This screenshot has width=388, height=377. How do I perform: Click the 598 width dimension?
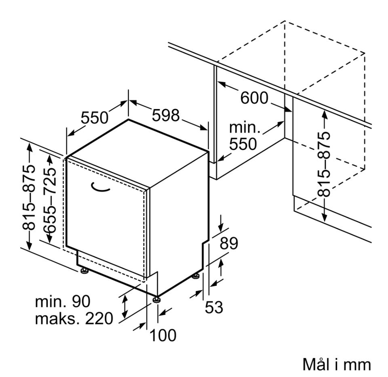(x=166, y=115)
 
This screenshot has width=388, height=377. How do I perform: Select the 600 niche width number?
(x=254, y=98)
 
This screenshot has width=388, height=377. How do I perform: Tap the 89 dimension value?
(x=229, y=243)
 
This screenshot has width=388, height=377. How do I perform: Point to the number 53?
(x=214, y=307)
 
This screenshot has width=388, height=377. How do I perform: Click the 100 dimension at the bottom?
(x=163, y=335)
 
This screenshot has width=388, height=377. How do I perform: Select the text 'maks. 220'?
(x=74, y=318)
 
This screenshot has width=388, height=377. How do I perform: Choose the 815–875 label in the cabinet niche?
(x=324, y=164)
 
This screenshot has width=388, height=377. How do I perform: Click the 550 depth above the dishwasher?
(x=95, y=117)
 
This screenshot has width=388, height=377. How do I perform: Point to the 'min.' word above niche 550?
(x=245, y=127)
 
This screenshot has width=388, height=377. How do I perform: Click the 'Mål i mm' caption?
(x=337, y=364)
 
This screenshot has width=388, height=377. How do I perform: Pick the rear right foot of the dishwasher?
(x=196, y=276)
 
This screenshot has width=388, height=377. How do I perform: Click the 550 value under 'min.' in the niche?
(x=243, y=144)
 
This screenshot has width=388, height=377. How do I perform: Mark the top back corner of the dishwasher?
(x=129, y=119)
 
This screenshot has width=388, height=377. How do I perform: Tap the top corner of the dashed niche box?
(x=285, y=21)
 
